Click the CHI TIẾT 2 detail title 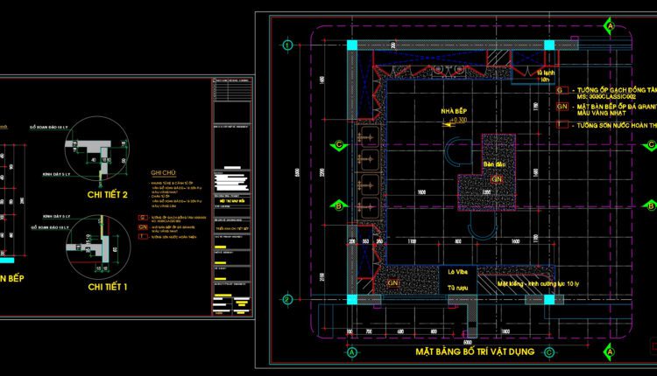[108, 194]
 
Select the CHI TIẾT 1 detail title [108, 286]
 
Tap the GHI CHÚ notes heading [166, 172]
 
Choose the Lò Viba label [452, 272]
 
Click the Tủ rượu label [452, 286]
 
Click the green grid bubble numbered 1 [286, 44]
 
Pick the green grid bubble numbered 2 [286, 299]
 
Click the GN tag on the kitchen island [496, 179]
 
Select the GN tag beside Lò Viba [393, 283]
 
